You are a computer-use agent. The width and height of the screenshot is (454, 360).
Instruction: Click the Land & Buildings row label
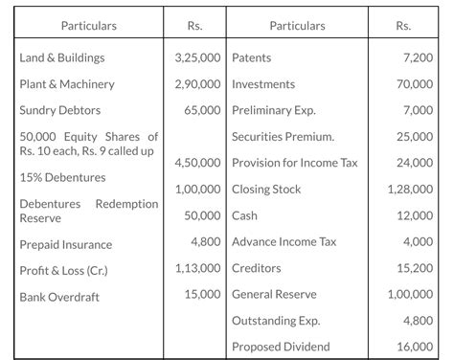tap(62, 58)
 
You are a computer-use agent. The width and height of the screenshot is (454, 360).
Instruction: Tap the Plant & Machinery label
tap(67, 84)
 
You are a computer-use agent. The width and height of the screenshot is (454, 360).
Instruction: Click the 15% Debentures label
tap(62, 177)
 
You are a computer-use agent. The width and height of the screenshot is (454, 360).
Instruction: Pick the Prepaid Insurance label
tap(66, 245)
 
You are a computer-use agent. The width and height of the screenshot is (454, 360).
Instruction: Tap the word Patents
tap(253, 58)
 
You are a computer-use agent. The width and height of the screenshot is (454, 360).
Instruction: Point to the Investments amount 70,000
tap(413, 84)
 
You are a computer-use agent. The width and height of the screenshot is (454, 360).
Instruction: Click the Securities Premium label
tap(283, 137)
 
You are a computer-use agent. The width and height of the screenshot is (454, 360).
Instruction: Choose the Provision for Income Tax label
tap(295, 163)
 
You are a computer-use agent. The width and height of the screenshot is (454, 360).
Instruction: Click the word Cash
tap(245, 215)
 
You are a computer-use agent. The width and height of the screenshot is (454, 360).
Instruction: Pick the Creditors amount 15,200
tap(413, 269)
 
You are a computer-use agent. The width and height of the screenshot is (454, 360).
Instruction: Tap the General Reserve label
tap(274, 295)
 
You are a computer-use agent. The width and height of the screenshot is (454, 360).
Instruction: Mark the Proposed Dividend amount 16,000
tap(413, 347)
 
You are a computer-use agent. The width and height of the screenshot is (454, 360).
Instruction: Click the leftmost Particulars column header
tap(89, 25)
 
